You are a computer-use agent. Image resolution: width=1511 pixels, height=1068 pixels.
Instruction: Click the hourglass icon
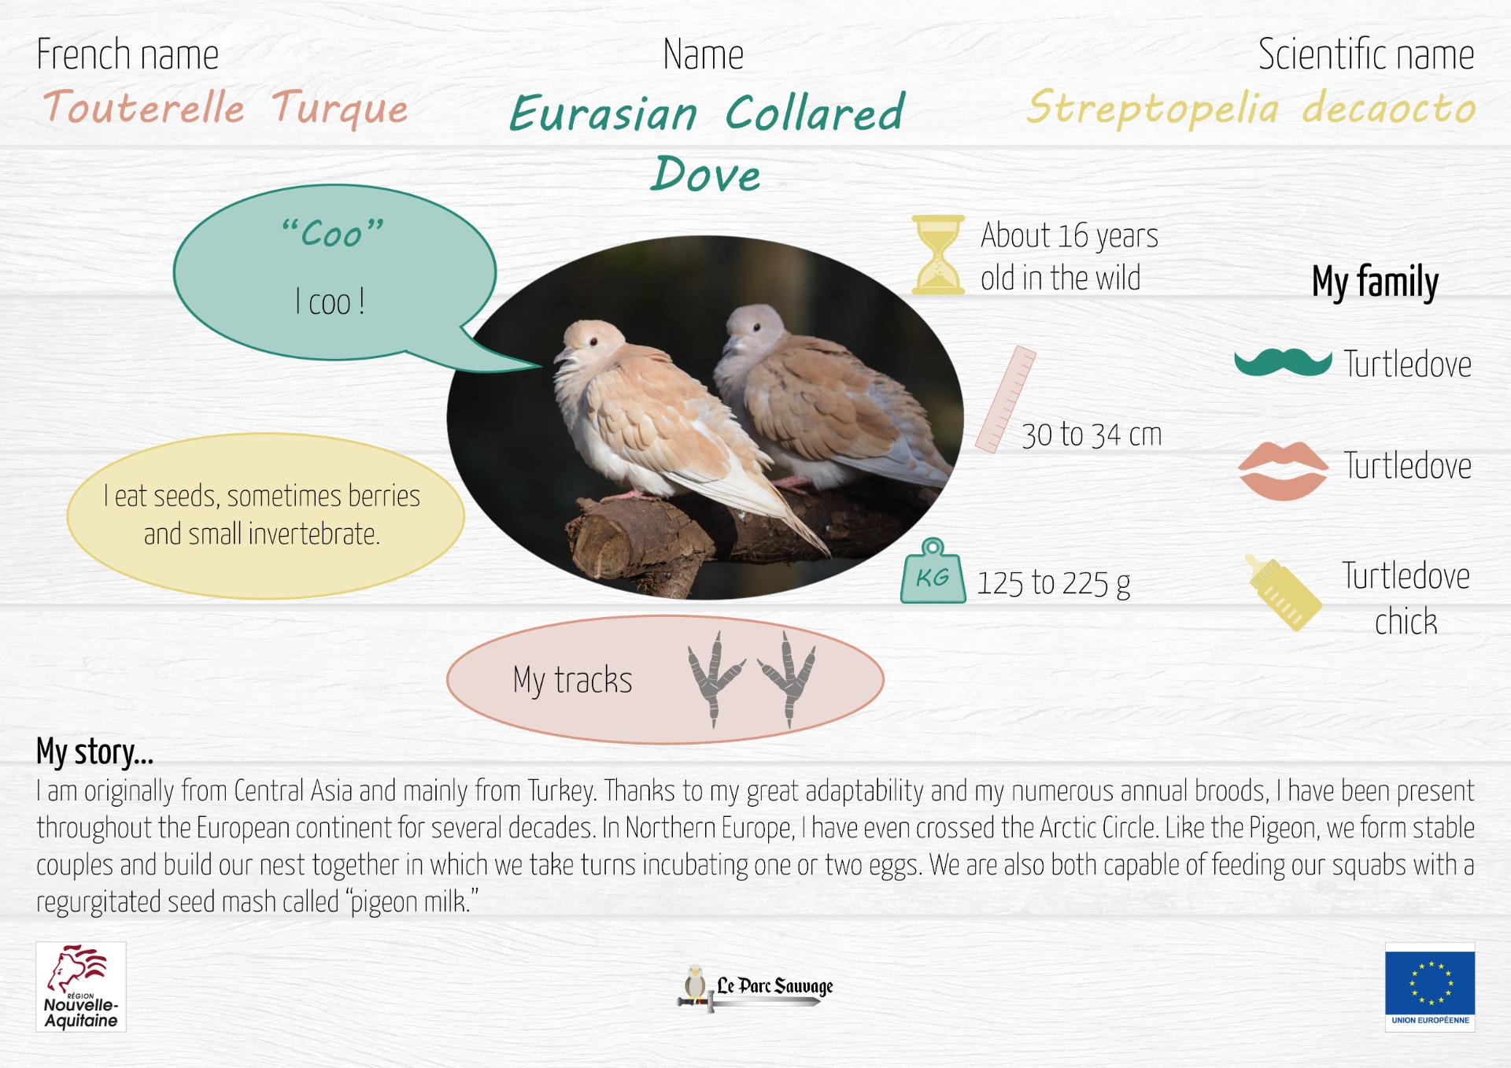coord(937,254)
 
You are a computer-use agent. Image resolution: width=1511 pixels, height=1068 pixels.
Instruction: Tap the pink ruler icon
coord(1005,400)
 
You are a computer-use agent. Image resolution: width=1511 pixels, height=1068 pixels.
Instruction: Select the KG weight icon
coord(933,571)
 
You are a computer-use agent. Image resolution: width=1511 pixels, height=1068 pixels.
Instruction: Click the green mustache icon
coord(1283,362)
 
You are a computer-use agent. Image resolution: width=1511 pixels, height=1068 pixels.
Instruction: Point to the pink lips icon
coord(1283,471)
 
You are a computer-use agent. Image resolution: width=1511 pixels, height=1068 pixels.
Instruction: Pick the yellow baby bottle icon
coord(1283,592)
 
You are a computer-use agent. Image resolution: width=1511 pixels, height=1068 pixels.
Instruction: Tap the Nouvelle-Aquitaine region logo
coord(81,987)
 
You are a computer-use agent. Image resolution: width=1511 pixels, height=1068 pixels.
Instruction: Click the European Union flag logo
coord(1430,987)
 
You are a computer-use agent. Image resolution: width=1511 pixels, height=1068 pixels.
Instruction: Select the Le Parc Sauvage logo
coord(755,988)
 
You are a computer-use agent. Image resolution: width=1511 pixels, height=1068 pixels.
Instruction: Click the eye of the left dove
coord(594,342)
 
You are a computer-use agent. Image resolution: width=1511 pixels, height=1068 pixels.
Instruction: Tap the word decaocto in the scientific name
coord(1389,108)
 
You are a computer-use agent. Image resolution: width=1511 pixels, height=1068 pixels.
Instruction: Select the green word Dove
coord(707,174)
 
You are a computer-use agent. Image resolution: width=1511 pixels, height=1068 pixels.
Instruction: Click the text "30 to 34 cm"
coord(1092,434)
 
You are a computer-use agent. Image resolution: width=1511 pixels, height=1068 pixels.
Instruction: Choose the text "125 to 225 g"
coord(1054,583)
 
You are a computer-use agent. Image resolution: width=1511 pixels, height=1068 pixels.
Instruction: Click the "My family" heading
coord(1375,282)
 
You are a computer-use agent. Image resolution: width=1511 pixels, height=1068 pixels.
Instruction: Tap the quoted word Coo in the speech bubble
coord(333,233)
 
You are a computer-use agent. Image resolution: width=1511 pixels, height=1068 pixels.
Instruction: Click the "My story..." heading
coord(94,752)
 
